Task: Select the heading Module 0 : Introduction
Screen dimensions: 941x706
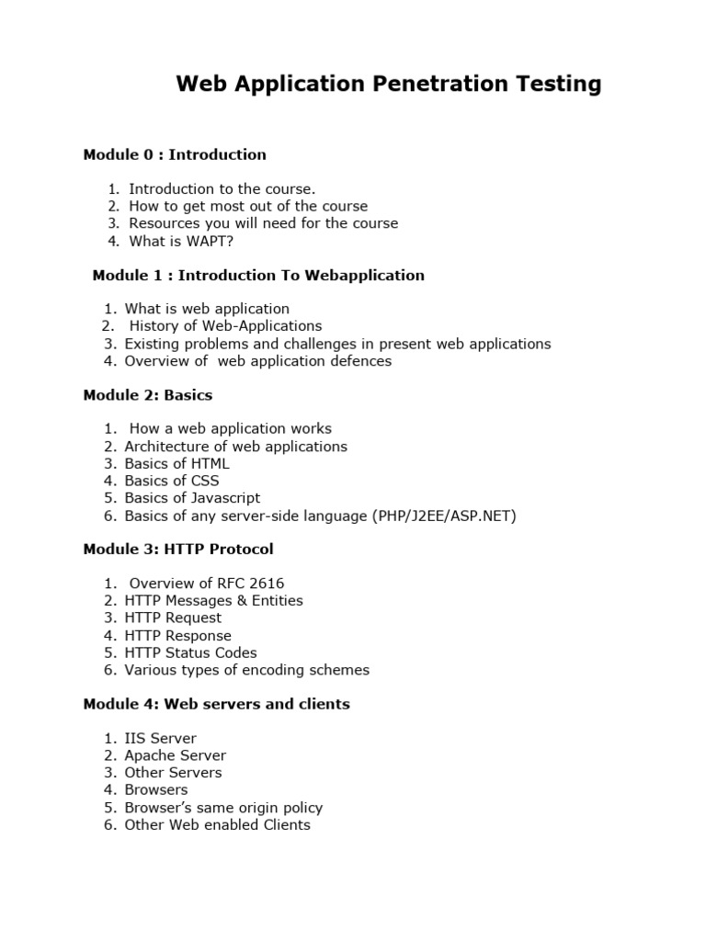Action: [x=175, y=154]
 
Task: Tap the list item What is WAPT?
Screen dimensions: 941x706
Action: [x=175, y=241]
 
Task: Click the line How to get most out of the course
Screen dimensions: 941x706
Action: [x=248, y=206]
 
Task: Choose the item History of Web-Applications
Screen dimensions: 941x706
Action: [x=225, y=326]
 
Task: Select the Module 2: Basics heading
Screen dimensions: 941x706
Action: [x=148, y=395]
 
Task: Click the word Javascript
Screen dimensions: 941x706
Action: [x=221, y=498]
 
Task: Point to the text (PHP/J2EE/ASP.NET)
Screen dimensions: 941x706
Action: [x=445, y=516]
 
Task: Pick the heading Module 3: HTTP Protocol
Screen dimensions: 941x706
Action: [x=178, y=550]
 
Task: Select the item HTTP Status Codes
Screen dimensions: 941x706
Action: [x=190, y=652]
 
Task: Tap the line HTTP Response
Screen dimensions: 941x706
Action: [x=178, y=635]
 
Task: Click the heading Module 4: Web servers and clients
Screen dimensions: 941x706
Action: [x=216, y=704]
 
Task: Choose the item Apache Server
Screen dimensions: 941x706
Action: [x=176, y=755]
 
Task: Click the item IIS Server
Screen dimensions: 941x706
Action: [x=161, y=738]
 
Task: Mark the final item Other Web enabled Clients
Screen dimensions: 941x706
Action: [x=218, y=824]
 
